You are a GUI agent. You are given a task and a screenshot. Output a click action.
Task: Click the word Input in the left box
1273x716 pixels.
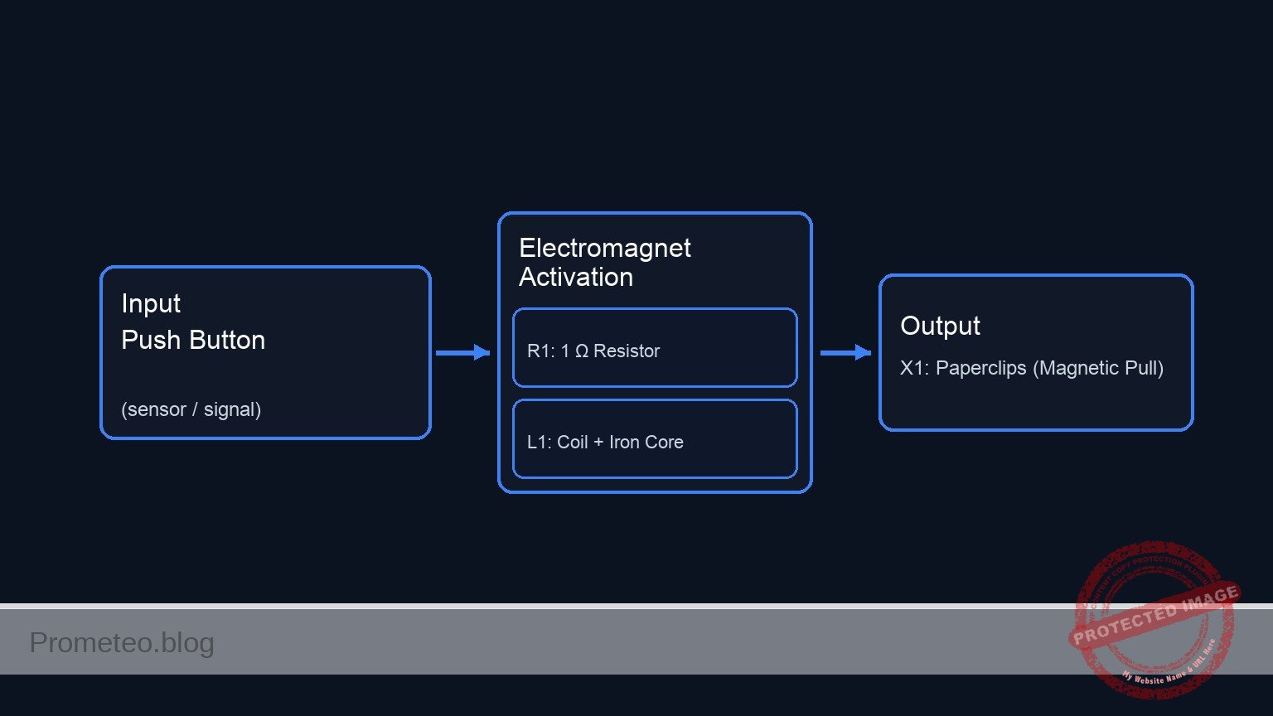pyautogui.click(x=150, y=304)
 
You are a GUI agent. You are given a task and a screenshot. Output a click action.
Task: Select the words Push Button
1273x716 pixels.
pyautogui.click(x=193, y=341)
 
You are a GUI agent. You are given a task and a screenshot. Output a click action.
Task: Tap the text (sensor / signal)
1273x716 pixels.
pyautogui.click(x=191, y=409)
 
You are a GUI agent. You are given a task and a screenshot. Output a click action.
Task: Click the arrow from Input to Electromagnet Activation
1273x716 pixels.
pyautogui.click(x=462, y=353)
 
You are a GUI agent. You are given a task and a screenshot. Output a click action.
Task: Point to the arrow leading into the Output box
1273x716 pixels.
pyautogui.click(x=845, y=353)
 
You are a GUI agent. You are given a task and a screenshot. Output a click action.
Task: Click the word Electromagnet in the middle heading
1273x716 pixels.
pyautogui.click(x=604, y=249)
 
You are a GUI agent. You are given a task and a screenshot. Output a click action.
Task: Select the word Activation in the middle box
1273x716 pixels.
pyautogui.click(x=576, y=278)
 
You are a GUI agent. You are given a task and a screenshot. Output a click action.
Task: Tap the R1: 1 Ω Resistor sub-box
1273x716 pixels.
pyautogui.click(x=655, y=348)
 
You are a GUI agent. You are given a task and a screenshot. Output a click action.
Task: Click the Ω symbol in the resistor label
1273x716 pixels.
pyautogui.click(x=582, y=351)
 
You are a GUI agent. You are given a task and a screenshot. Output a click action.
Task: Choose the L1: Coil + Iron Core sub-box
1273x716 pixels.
pyautogui.click(x=655, y=439)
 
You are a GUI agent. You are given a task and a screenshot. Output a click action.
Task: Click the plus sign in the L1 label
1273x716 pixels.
pyautogui.click(x=598, y=443)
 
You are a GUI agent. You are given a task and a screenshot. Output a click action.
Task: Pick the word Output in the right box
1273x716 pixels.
pyautogui.click(x=940, y=327)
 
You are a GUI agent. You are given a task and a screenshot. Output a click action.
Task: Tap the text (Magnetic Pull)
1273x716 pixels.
pyautogui.click(x=1097, y=369)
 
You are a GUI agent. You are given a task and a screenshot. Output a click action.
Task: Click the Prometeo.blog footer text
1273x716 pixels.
pyautogui.click(x=122, y=643)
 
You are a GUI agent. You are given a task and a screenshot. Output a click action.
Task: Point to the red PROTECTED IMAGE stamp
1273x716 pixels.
pyautogui.click(x=1154, y=617)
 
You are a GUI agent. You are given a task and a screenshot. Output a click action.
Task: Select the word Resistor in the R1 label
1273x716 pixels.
pyautogui.click(x=626, y=351)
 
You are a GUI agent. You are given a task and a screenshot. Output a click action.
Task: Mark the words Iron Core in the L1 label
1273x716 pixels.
pyautogui.click(x=646, y=443)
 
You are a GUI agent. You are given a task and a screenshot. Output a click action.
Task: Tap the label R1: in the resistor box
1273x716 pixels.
pyautogui.click(x=540, y=351)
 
